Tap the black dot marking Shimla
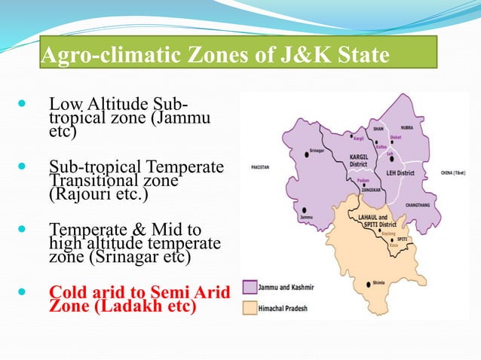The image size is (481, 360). (369, 283)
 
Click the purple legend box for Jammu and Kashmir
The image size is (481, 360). (251, 287)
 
